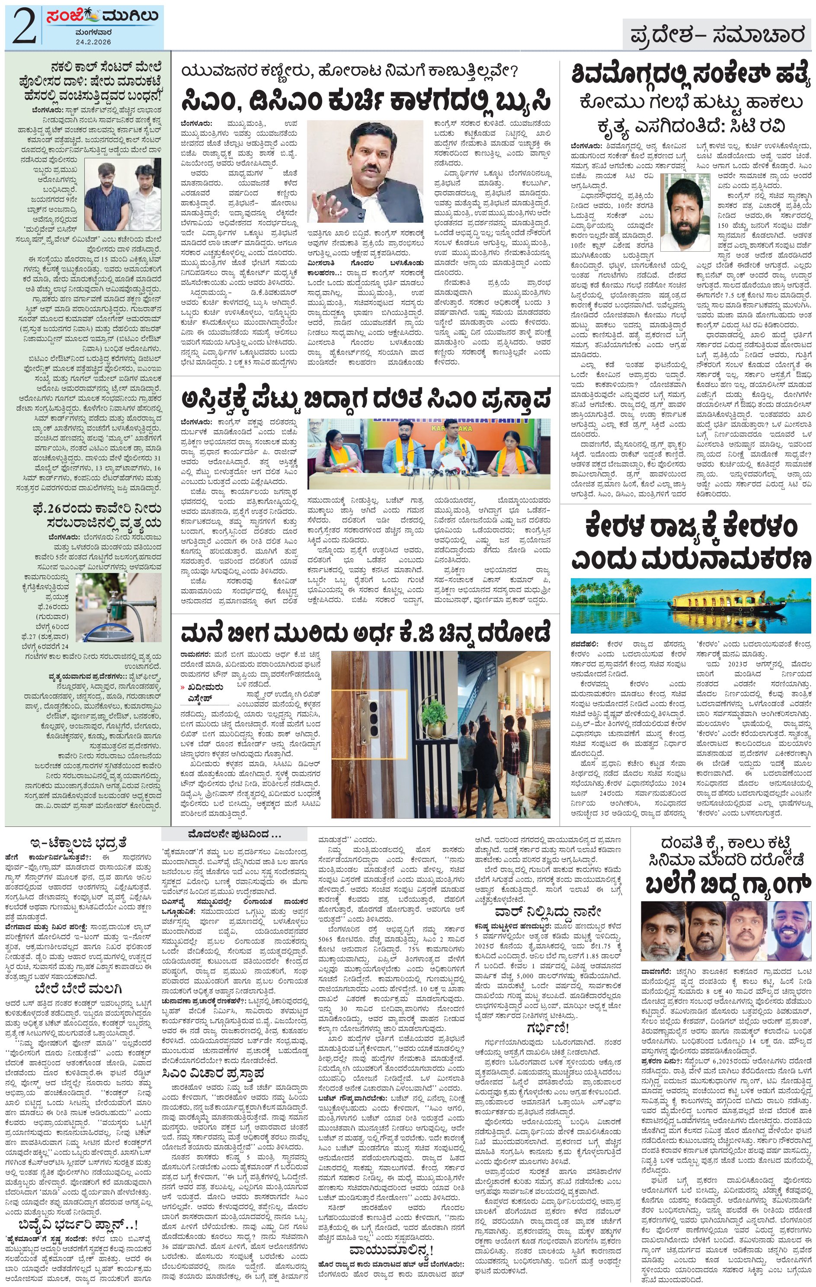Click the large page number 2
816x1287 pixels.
tap(24, 27)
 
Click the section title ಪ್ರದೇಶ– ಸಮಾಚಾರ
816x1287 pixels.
tap(717, 36)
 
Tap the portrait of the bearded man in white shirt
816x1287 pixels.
tap(685, 211)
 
